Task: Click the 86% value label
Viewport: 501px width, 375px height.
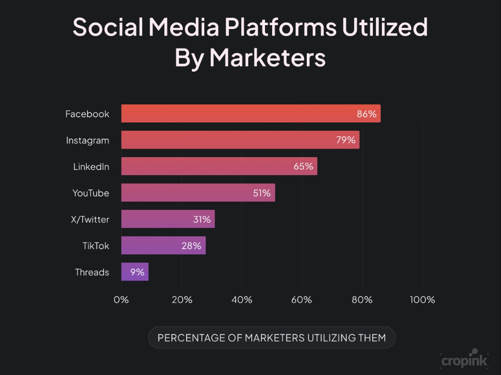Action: (367, 114)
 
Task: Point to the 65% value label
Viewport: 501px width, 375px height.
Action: (303, 167)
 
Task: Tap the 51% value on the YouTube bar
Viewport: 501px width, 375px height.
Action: (262, 193)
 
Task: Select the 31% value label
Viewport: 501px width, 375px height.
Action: (201, 219)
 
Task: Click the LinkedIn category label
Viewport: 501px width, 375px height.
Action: (91, 167)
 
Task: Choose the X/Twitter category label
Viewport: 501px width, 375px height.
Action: (90, 219)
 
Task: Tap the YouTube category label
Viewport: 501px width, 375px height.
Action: (91, 193)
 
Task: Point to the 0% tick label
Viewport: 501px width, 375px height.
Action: (121, 300)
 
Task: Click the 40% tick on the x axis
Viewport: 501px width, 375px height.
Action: (242, 300)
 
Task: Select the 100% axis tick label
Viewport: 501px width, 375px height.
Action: (422, 300)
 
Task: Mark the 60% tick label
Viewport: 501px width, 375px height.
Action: (302, 300)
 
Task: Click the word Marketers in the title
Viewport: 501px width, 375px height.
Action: (267, 57)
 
